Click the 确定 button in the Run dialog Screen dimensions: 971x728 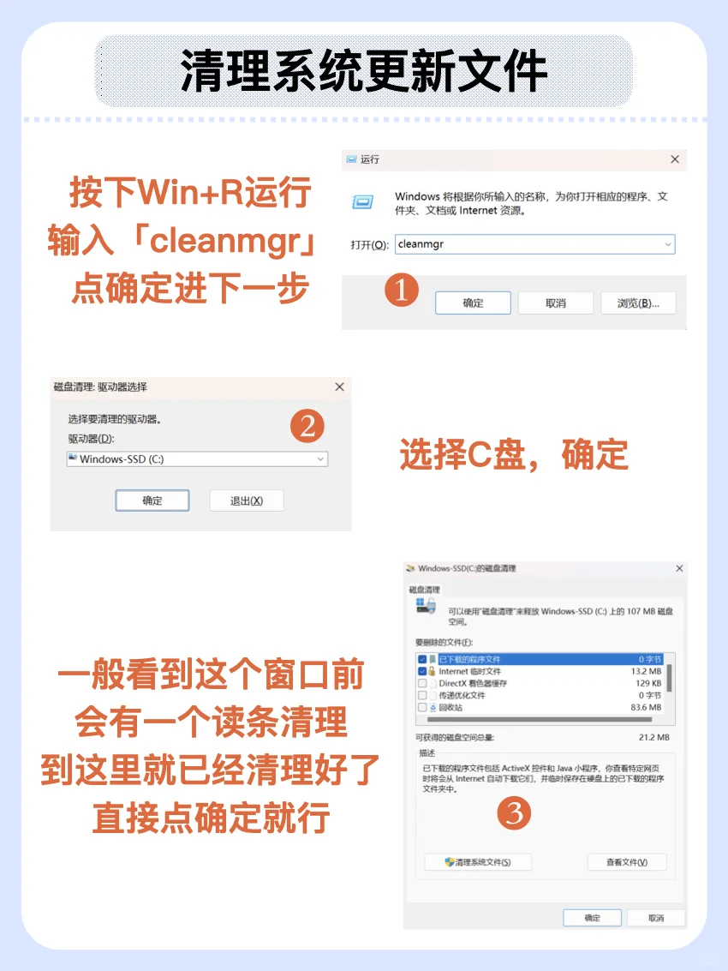click(473, 303)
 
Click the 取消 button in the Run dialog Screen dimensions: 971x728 click(555, 303)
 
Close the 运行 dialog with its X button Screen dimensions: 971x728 click(675, 159)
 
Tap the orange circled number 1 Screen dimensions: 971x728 click(401, 291)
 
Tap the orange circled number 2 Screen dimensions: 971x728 click(307, 425)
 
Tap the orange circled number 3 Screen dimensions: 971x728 click(514, 812)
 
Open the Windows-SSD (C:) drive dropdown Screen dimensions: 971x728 click(197, 459)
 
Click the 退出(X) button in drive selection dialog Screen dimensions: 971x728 click(246, 500)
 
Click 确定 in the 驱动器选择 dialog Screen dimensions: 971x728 click(152, 500)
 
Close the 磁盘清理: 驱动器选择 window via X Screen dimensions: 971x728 click(339, 387)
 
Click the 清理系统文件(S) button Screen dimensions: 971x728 click(478, 862)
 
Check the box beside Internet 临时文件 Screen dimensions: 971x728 click(422, 672)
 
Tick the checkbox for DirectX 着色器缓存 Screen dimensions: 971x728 click(422, 684)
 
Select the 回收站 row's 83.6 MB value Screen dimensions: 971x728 click(645, 708)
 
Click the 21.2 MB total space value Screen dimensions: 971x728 click(653, 737)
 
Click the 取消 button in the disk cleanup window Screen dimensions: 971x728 click(656, 918)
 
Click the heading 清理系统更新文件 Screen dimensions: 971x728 click(363, 72)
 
